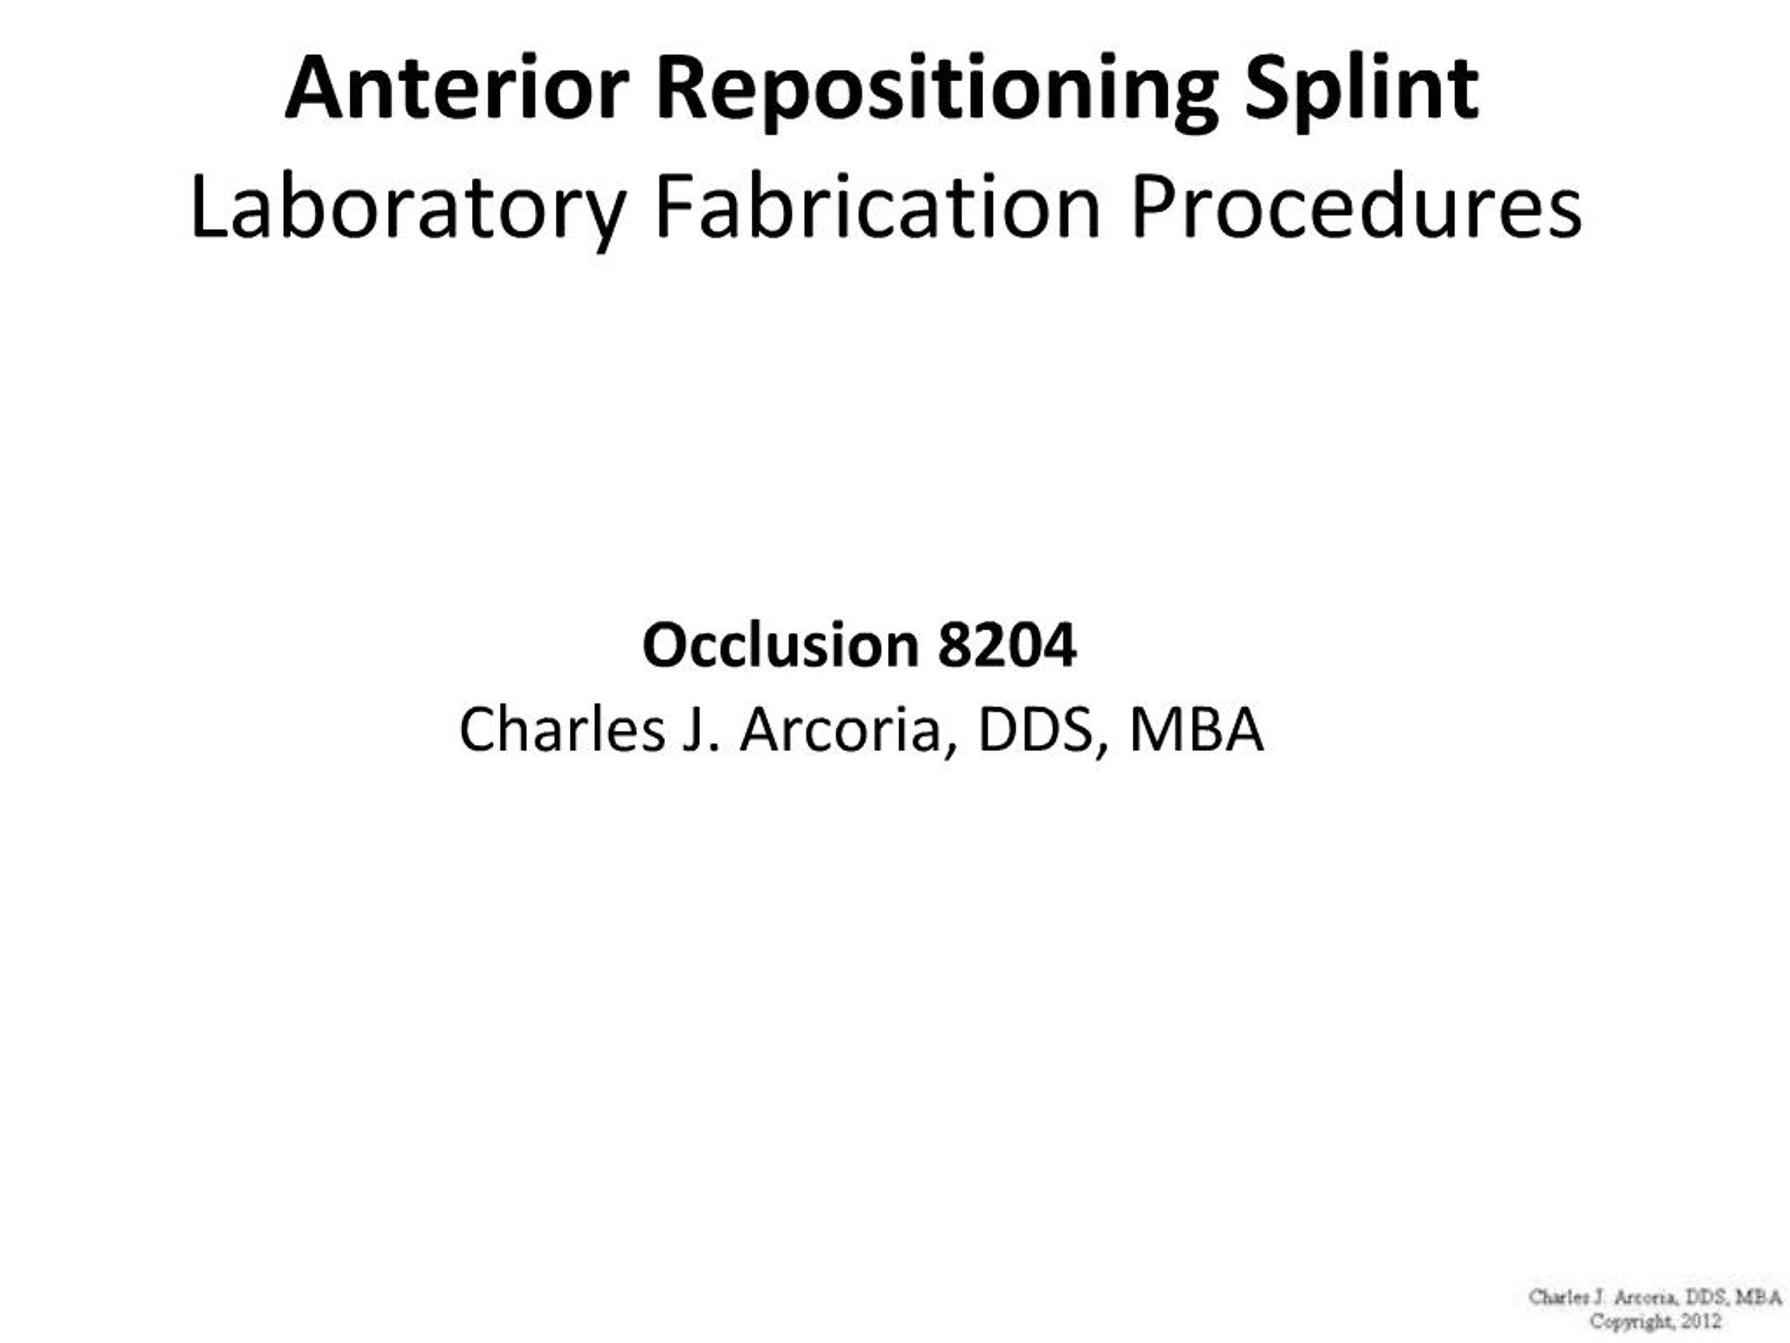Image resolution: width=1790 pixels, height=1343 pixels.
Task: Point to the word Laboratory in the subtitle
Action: click(408, 208)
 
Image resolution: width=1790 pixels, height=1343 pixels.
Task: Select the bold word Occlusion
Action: click(780, 645)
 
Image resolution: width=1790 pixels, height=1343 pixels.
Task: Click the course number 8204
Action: click(1007, 645)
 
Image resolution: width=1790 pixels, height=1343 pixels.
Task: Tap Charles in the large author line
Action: click(561, 730)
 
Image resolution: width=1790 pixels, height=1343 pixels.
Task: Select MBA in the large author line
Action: click(1196, 730)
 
